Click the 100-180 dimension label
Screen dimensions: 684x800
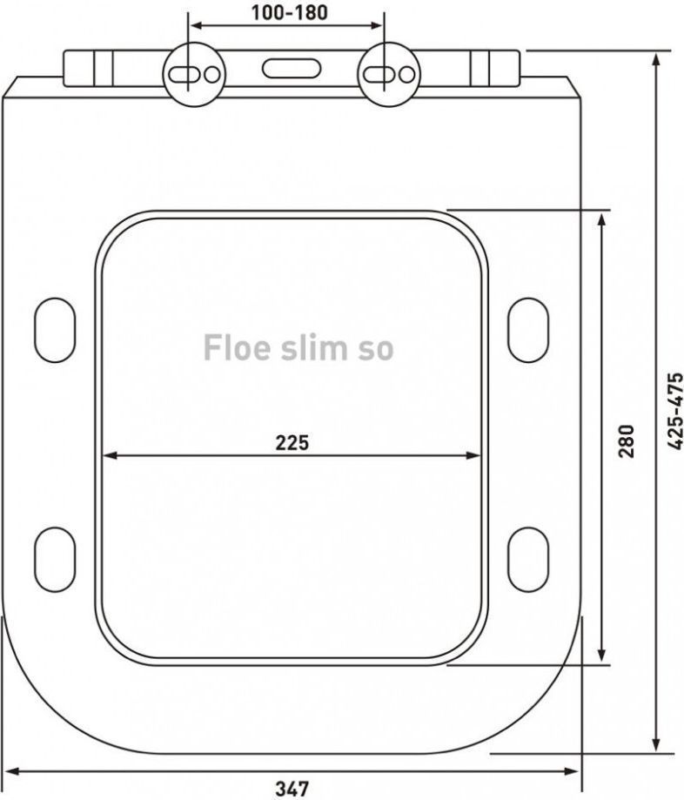click(x=289, y=13)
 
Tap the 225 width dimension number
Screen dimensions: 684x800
click(x=292, y=442)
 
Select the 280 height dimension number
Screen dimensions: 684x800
click(x=626, y=440)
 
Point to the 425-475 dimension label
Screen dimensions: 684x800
click(x=675, y=411)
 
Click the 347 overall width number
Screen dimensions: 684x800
click(x=292, y=789)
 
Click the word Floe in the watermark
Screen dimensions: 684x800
click(x=237, y=347)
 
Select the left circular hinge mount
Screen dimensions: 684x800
click(x=194, y=75)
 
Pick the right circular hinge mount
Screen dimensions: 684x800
click(x=389, y=75)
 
